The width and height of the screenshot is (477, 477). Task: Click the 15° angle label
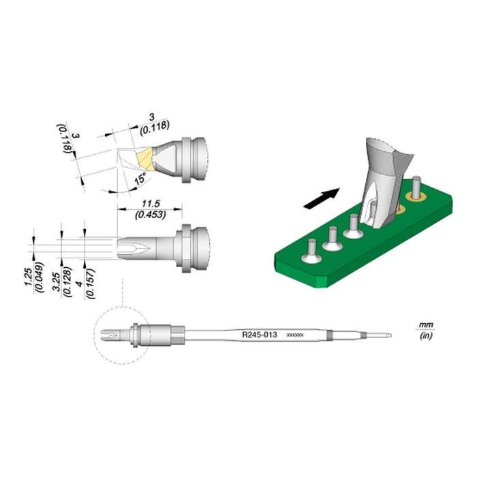point(140,179)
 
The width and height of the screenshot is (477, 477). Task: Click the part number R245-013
point(259,335)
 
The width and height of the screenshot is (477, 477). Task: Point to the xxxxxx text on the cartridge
point(294,336)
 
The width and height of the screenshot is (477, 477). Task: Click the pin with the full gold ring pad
point(414,189)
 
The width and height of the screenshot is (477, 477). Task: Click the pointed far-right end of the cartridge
point(388,335)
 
